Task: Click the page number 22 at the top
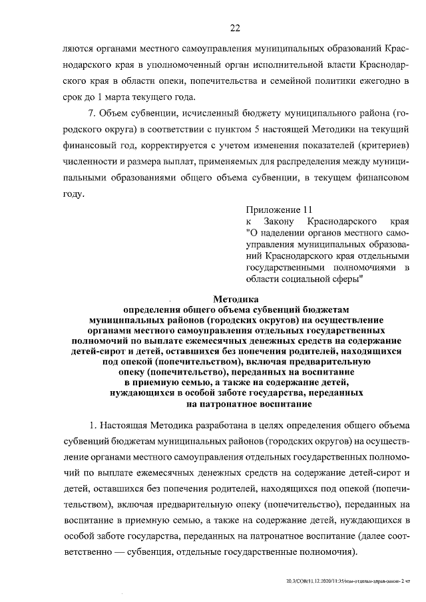[x=235, y=28]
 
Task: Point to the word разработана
[x=208, y=424]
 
